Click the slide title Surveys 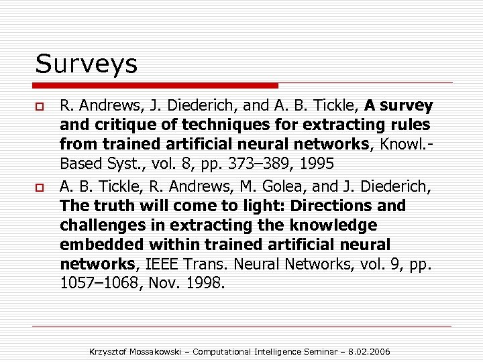87,64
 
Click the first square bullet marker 40,107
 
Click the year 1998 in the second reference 204,283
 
